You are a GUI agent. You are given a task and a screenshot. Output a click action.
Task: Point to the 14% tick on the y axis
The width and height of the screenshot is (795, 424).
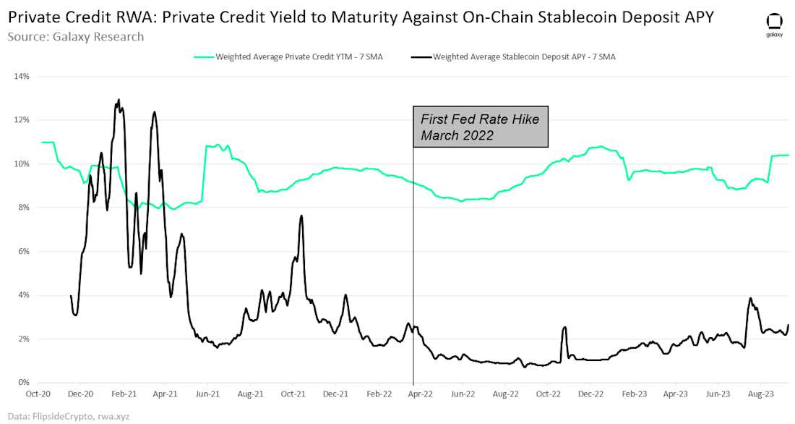(x=21, y=76)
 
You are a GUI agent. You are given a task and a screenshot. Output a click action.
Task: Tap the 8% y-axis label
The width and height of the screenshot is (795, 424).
(x=22, y=208)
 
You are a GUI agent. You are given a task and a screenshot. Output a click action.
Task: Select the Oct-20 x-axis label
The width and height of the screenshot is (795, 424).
(x=38, y=396)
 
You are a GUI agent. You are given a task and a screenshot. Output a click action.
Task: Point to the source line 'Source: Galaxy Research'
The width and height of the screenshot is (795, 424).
(x=76, y=36)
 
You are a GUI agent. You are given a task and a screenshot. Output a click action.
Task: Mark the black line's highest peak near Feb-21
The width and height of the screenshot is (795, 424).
(x=119, y=100)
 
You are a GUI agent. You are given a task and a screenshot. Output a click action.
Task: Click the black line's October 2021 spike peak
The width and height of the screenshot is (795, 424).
(x=301, y=216)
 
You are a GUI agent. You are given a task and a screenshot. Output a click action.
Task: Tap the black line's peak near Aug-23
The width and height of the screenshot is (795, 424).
(x=750, y=298)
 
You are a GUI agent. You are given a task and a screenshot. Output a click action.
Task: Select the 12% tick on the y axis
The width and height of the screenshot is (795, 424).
(x=21, y=120)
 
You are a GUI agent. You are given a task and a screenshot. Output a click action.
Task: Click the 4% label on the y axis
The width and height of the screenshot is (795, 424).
(x=22, y=295)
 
